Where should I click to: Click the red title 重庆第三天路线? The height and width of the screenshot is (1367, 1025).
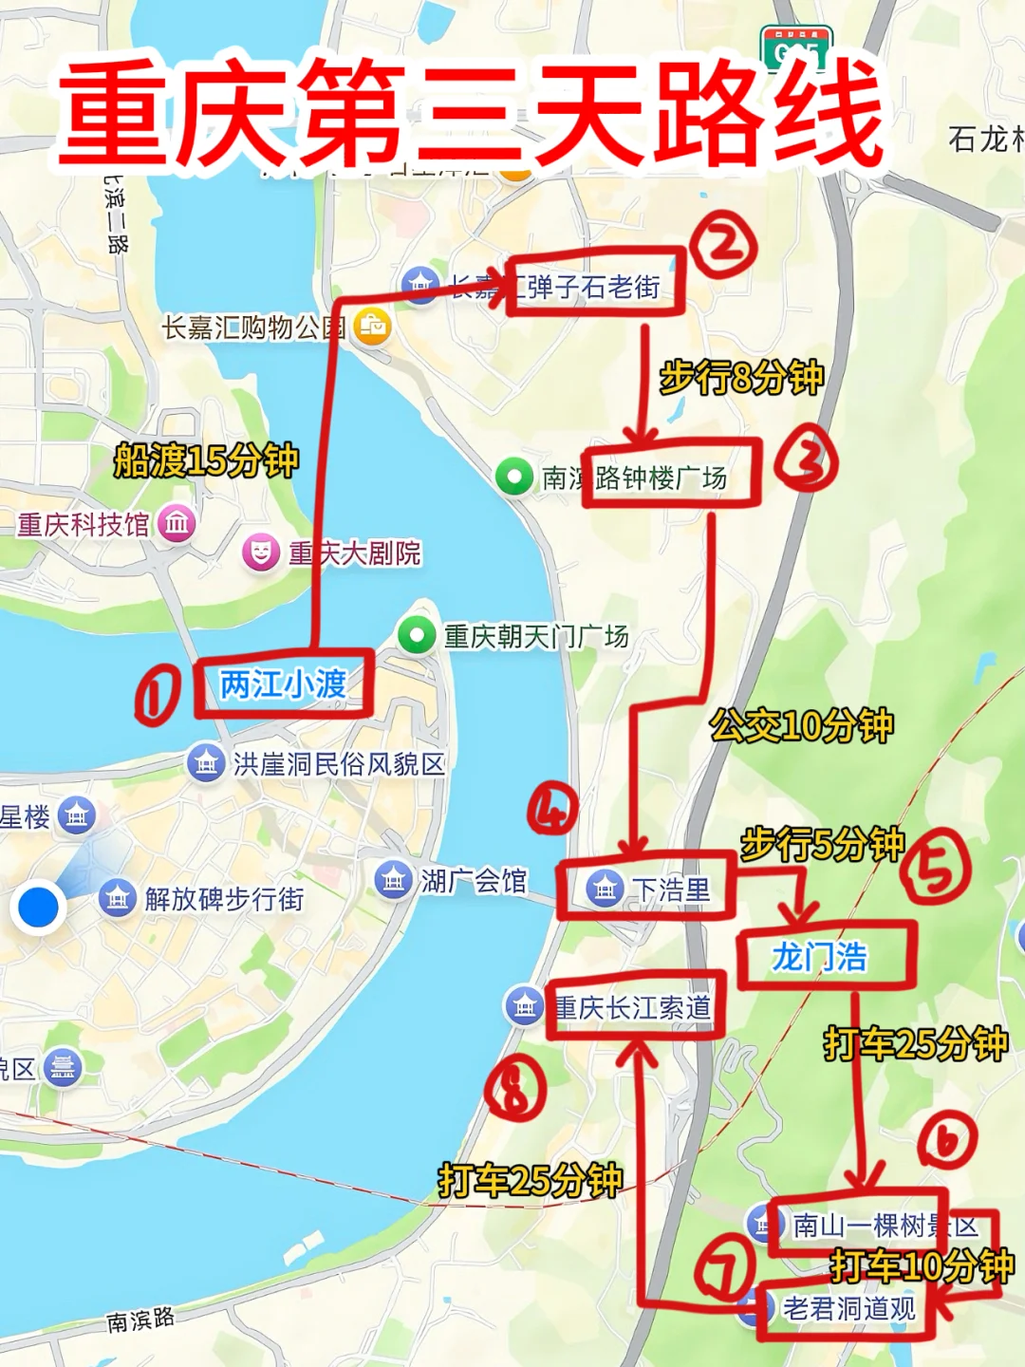click(x=472, y=112)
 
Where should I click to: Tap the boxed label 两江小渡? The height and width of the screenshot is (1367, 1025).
click(x=283, y=683)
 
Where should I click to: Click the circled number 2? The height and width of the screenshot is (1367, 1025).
click(x=723, y=244)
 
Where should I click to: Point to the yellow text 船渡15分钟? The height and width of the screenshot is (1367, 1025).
click(x=206, y=460)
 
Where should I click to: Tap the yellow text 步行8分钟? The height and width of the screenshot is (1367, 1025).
click(x=741, y=377)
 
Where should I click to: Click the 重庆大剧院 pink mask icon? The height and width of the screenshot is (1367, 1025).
click(x=261, y=552)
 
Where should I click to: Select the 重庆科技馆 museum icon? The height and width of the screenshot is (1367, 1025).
click(x=177, y=523)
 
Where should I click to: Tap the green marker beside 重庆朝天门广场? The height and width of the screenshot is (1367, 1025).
click(x=416, y=635)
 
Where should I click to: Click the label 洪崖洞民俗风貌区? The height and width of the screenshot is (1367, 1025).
click(x=339, y=764)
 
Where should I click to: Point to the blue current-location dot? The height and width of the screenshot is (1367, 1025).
click(x=39, y=906)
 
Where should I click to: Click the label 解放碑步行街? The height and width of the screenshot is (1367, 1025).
click(x=224, y=898)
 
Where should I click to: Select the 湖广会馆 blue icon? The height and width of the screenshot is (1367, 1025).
click(x=393, y=880)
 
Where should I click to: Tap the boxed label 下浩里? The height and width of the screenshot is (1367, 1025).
click(x=671, y=889)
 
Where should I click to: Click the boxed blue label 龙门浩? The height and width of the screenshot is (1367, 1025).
click(x=820, y=957)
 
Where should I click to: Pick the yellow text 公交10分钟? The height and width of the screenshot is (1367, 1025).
click(x=802, y=726)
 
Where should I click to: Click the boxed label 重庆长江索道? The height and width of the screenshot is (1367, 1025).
click(x=633, y=1007)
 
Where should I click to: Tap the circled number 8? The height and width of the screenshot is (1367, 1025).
click(x=515, y=1091)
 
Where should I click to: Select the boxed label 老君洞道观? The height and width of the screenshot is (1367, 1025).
click(x=848, y=1309)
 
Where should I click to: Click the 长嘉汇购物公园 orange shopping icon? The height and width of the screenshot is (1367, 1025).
click(x=372, y=328)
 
